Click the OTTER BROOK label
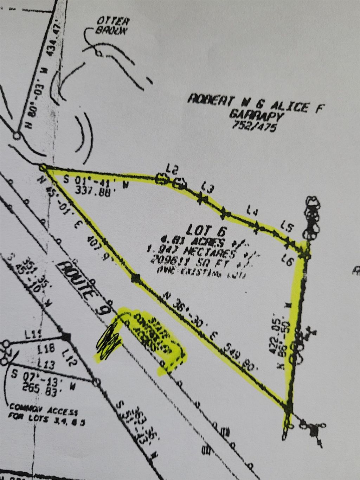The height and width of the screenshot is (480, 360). pos(110,26)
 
